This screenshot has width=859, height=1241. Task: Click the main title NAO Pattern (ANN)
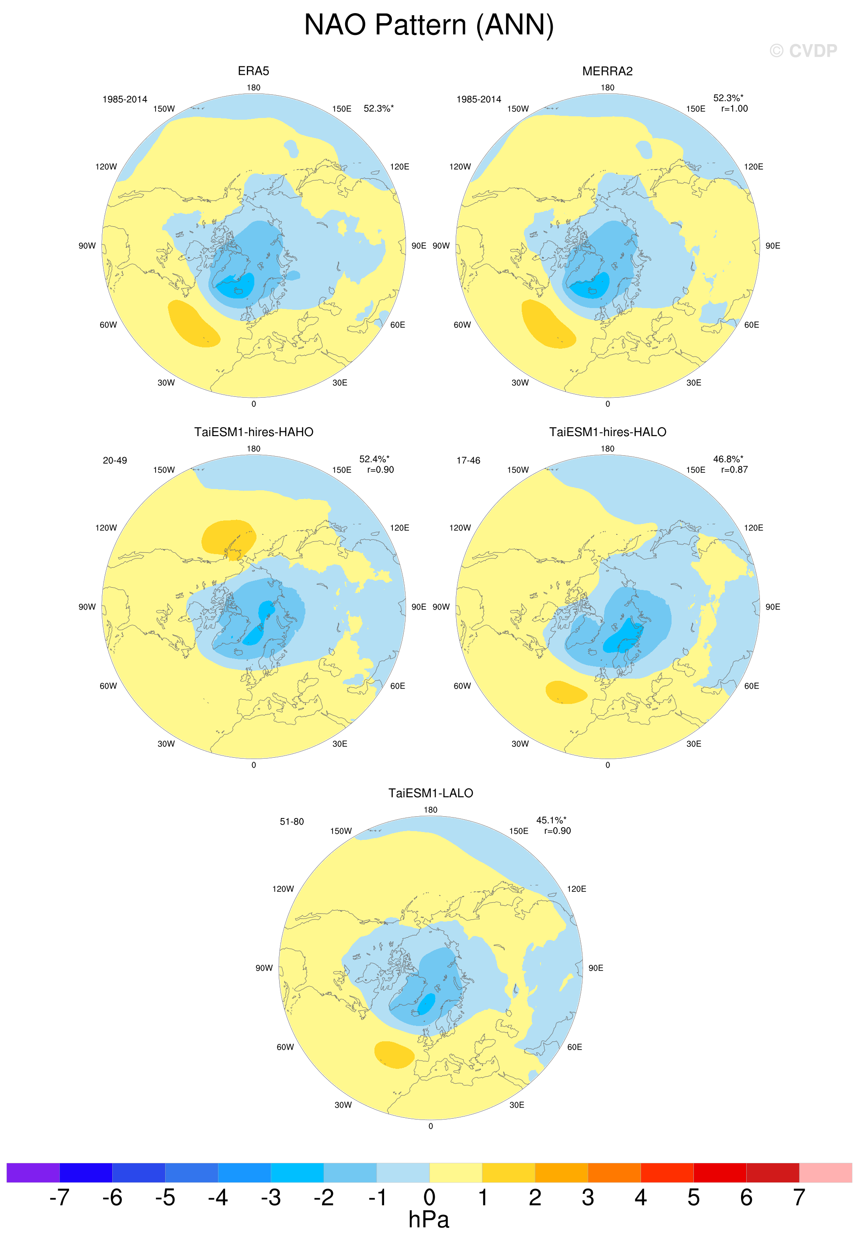(429, 25)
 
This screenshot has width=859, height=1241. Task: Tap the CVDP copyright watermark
(803, 51)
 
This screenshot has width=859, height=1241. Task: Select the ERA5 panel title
(253, 71)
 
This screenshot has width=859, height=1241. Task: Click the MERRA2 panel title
(607, 71)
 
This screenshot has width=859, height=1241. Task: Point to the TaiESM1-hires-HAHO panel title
(253, 432)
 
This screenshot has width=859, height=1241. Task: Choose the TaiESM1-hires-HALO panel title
(608, 432)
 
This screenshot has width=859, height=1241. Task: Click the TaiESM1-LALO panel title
(430, 793)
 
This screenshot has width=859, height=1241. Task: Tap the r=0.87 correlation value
(734, 470)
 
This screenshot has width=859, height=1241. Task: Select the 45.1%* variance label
(551, 820)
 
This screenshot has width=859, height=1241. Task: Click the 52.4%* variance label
(374, 459)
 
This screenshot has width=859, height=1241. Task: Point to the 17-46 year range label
(468, 461)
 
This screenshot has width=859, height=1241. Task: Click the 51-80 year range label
(292, 822)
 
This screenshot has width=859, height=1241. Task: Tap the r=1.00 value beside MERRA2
(734, 109)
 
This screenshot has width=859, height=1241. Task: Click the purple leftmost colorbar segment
(33, 1173)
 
